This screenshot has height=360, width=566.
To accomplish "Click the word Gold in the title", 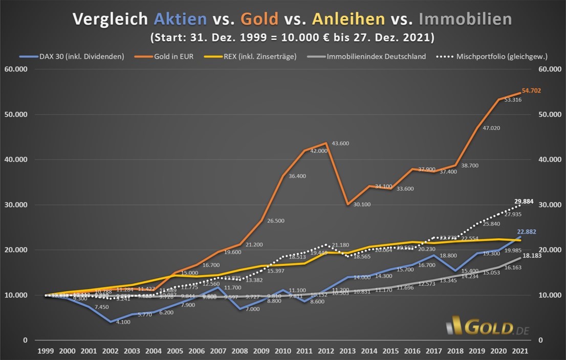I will coord(260,19).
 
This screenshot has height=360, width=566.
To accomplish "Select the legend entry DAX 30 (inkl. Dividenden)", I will coord(82,56).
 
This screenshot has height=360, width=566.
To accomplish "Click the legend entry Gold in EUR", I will coord(172,56).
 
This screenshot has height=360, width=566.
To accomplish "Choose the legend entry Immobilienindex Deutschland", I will coord(376,56).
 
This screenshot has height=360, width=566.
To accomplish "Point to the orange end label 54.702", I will coord(531,91).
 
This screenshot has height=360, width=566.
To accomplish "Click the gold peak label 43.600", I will coord(340,144).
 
